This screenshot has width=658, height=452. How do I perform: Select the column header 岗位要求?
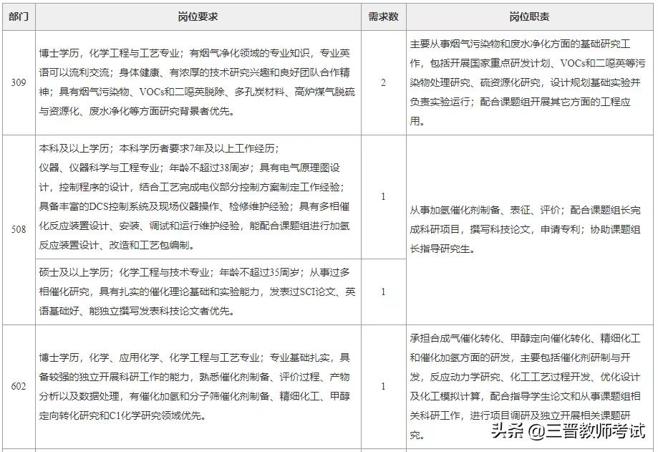click(x=198, y=16)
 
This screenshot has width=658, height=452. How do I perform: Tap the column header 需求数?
click(x=383, y=16)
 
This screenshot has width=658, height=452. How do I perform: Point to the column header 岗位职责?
click(x=529, y=16)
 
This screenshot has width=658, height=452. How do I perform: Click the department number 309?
click(x=19, y=82)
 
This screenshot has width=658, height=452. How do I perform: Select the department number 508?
click(x=19, y=229)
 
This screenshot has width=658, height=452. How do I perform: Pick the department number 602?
click(x=19, y=387)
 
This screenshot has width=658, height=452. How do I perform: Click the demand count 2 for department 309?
click(x=383, y=82)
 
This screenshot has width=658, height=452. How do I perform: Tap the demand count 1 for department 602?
click(x=383, y=387)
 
